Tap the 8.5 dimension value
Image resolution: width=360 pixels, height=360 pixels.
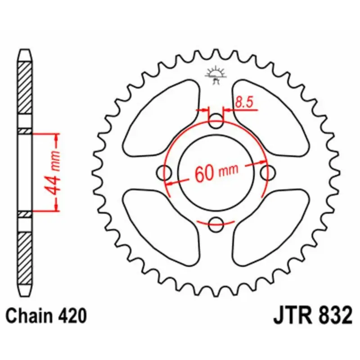(243, 103)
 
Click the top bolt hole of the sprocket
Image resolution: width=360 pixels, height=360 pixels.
(216, 121)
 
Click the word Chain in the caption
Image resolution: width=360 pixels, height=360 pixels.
(31, 316)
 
